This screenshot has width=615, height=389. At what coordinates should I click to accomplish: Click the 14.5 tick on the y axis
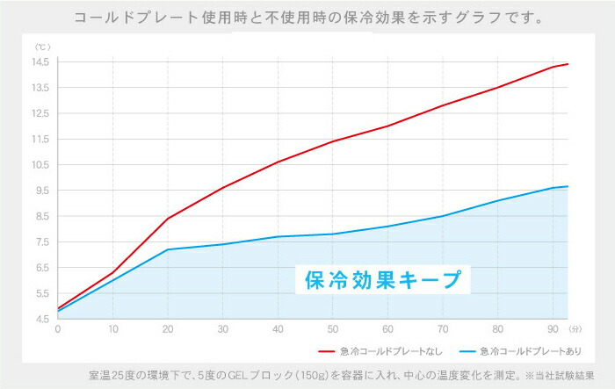(x=42, y=61)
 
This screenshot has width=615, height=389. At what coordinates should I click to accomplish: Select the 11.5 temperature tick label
(x=42, y=139)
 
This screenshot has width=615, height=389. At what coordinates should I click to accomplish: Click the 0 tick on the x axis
(x=58, y=329)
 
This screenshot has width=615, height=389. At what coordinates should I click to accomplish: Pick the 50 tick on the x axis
(x=332, y=329)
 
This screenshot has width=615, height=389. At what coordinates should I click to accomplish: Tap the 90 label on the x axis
(x=552, y=329)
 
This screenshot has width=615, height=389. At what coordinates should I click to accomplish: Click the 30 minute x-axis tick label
(x=222, y=329)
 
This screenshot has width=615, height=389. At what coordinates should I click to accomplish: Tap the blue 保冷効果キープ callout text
(x=382, y=280)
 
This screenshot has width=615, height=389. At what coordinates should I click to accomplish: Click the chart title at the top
(x=307, y=17)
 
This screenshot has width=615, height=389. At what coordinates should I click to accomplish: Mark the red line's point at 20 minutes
(x=168, y=218)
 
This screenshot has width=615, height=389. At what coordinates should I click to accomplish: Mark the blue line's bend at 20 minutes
(x=168, y=249)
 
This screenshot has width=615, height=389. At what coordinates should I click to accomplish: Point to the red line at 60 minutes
(x=387, y=126)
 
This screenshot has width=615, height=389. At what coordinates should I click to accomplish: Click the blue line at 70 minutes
(x=442, y=216)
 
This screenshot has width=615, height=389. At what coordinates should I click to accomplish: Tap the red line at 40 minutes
(x=278, y=162)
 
